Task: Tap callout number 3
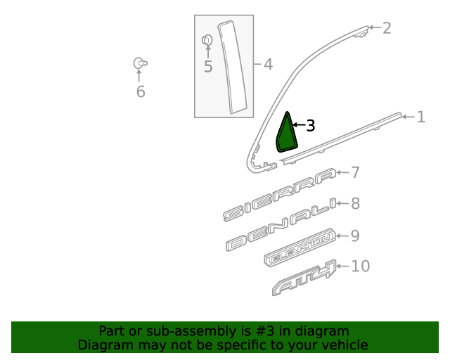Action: click(x=311, y=126)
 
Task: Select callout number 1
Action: click(x=421, y=117)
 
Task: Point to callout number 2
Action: click(x=387, y=28)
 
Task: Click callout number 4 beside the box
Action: click(x=268, y=64)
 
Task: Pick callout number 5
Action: click(x=208, y=67)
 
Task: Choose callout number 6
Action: click(x=141, y=92)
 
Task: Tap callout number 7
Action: click(x=355, y=172)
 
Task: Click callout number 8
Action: click(x=355, y=203)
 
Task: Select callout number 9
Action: click(x=355, y=236)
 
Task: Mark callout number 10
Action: click(x=361, y=266)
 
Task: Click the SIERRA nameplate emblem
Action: click(x=280, y=195)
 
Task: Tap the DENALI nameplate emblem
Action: click(x=281, y=224)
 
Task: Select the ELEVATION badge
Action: click(x=300, y=247)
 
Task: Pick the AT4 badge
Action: click(x=304, y=277)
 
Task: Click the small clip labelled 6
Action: click(x=140, y=63)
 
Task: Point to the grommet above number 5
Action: click(x=207, y=40)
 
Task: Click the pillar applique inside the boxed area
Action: click(x=233, y=67)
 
